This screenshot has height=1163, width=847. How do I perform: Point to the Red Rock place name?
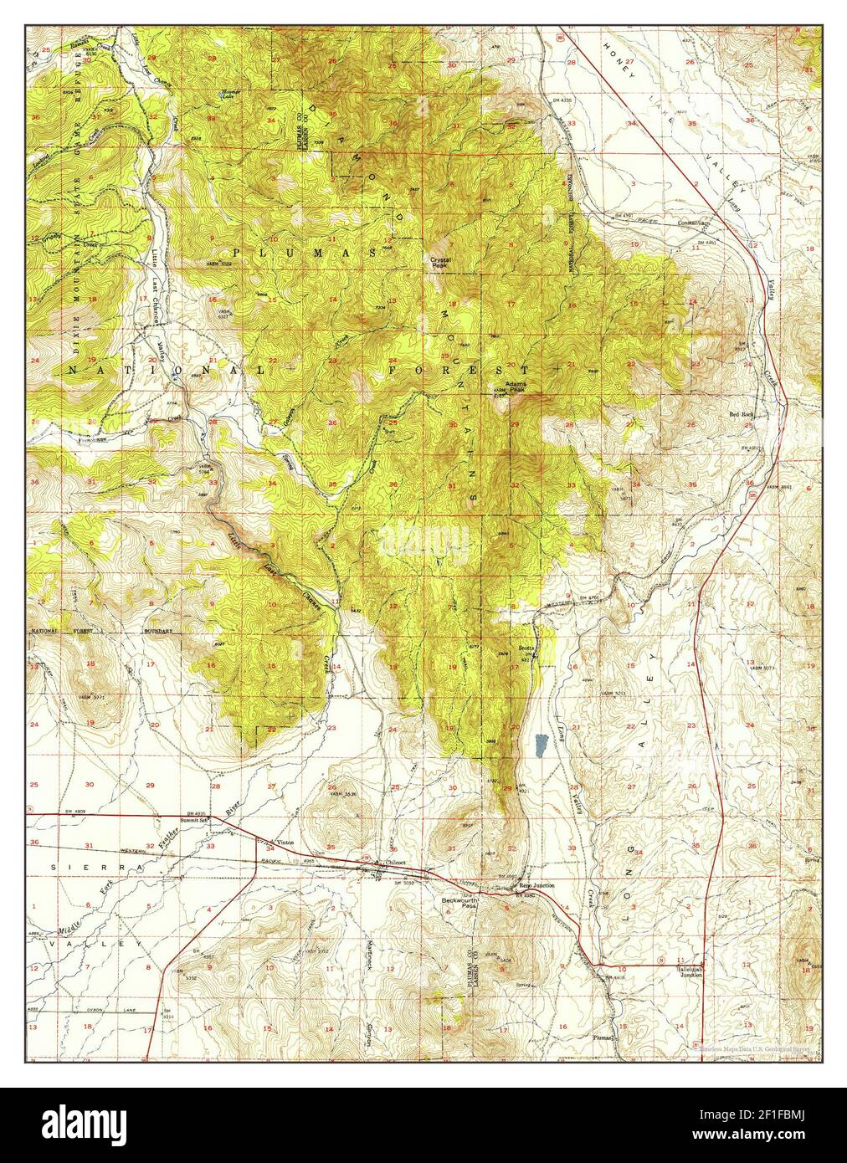click(x=742, y=414)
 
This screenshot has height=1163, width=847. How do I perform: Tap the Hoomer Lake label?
click(x=227, y=95)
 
